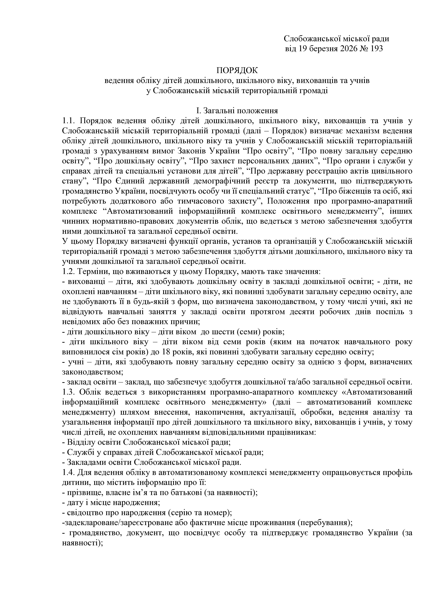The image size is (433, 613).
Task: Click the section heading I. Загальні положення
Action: (237, 111)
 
